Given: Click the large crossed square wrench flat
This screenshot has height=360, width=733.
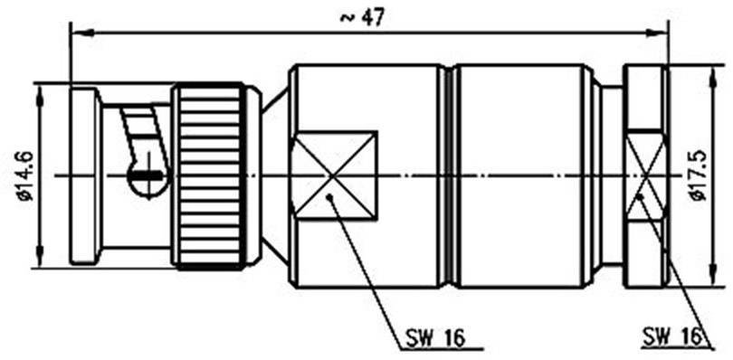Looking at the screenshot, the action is [x=333, y=175].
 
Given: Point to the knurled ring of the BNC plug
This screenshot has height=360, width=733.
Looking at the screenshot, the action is [x=210, y=176].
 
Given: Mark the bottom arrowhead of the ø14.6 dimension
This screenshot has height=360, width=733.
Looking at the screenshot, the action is [x=40, y=260].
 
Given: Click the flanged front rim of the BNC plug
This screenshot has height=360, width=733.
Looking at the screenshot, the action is [x=85, y=176].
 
